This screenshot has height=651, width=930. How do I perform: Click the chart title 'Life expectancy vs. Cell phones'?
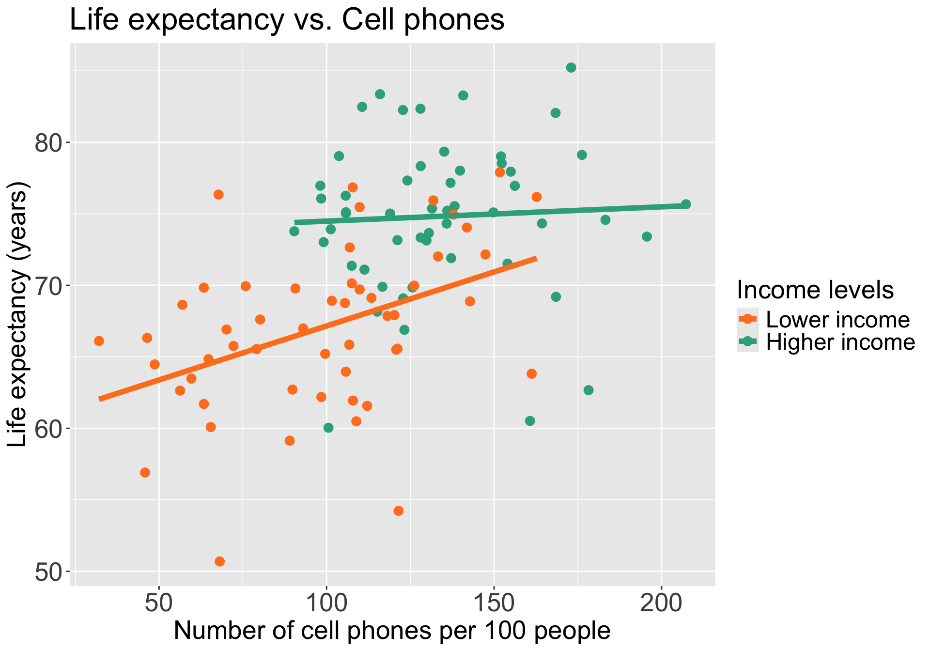[x=287, y=20]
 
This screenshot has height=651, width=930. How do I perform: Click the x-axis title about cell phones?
[x=392, y=631]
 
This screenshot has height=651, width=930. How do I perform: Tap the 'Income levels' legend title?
[x=815, y=290]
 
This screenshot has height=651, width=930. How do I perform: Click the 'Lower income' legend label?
[x=838, y=320]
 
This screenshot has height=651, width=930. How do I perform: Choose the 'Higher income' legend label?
[x=840, y=342]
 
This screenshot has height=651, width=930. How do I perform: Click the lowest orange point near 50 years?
[x=219, y=561]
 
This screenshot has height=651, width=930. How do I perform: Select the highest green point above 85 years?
[x=571, y=67]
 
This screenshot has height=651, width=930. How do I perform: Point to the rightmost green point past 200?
[x=686, y=204]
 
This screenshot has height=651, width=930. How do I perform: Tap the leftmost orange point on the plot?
[x=99, y=341]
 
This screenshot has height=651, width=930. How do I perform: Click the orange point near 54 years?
[x=399, y=511]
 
